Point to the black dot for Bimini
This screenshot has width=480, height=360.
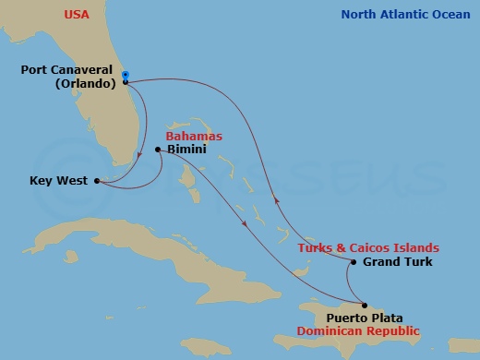(x=159, y=150)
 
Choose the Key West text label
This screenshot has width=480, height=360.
(x=57, y=181)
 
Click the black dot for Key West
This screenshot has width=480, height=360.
(x=96, y=181)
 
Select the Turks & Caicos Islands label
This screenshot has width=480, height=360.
(x=367, y=248)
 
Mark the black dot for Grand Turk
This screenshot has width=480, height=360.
(x=352, y=261)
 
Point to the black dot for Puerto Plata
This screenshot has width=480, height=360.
(x=365, y=306)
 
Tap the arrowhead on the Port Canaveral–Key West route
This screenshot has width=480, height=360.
(x=138, y=154)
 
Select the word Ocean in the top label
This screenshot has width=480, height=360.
(x=450, y=15)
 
